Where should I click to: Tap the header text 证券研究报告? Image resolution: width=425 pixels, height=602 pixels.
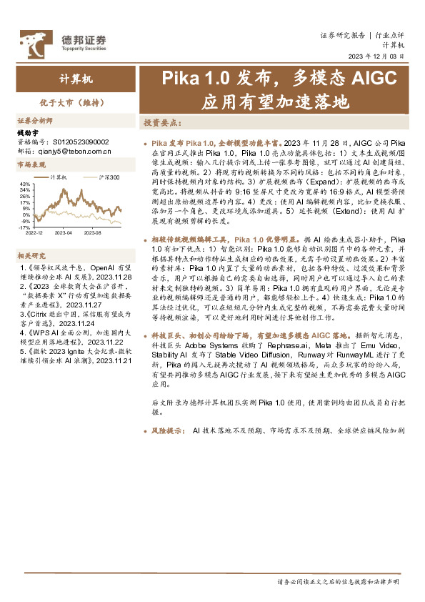[341, 34]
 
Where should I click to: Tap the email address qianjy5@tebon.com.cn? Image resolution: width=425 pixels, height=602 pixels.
[74, 151]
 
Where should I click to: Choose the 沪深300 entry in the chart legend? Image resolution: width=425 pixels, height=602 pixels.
[107, 177]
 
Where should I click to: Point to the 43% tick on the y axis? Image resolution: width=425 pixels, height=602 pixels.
[25, 184]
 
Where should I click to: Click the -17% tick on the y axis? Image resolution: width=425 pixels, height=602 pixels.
[25, 227]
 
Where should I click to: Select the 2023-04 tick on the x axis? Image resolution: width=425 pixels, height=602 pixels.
[65, 233]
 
